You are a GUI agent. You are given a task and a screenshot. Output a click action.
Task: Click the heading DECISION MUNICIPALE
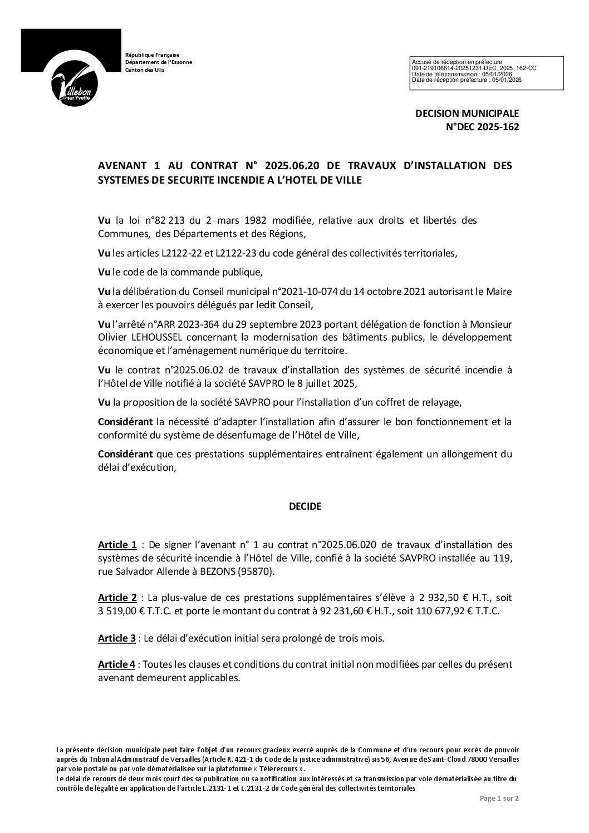point(467,114)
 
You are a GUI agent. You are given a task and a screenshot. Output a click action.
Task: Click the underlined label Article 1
point(117,544)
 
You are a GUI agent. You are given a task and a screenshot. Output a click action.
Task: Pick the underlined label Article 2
point(117,598)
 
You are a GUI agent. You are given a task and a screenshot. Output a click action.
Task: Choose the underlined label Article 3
point(117,638)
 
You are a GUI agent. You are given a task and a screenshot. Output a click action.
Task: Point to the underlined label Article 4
point(116,664)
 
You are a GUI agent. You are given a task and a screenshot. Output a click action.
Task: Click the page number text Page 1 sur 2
point(499,814)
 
